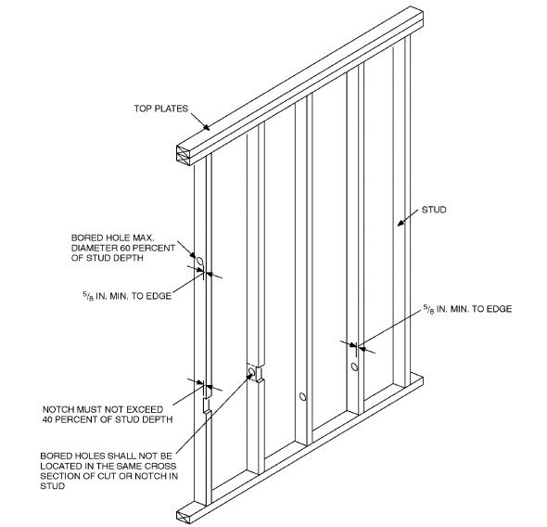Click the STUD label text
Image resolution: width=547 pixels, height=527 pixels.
pos(433,211)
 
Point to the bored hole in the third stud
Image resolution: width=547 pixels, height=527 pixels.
pos(302,397)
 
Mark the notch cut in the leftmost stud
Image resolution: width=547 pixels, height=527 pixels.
pos(206,405)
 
